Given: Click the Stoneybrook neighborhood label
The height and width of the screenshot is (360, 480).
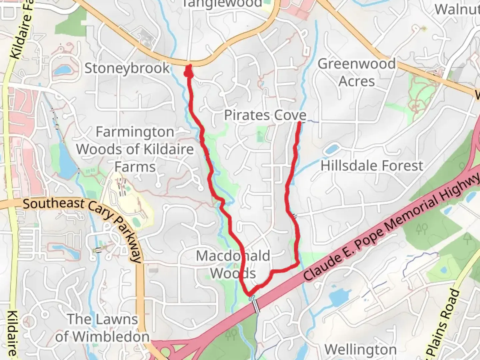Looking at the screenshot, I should tap(127, 68).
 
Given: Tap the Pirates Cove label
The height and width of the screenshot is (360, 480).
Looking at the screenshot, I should tap(265, 115).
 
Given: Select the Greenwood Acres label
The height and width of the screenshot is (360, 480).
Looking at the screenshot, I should tap(357, 72).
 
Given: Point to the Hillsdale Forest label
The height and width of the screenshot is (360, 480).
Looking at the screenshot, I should tap(372, 166).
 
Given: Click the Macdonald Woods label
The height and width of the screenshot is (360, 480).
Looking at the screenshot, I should tap(233, 265).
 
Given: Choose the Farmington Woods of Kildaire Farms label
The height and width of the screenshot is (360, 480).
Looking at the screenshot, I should tap(135, 149).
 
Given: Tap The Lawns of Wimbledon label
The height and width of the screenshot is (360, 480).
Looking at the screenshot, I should tap(102, 328).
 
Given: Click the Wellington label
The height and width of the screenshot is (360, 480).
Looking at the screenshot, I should tap(361, 350).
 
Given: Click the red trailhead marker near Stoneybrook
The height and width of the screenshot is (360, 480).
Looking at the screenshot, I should tap(189, 71).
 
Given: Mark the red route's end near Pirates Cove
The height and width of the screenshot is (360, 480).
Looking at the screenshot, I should tap(300, 123).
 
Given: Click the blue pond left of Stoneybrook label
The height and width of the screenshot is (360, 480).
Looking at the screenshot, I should tap(62, 70).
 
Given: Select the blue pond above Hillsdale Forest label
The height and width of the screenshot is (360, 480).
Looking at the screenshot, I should tap(332, 149).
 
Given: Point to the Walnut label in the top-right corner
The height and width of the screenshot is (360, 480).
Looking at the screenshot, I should tap(457, 9).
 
